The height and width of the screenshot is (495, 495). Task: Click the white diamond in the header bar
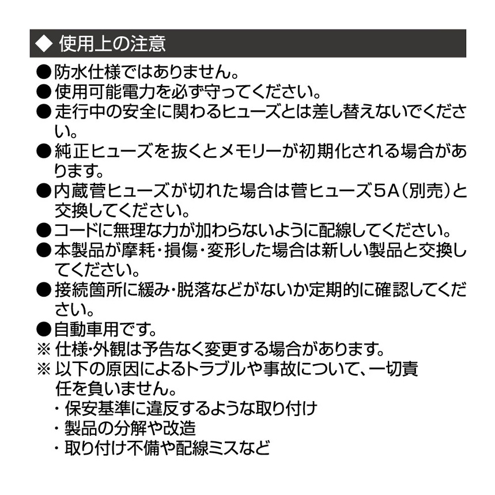[44, 43]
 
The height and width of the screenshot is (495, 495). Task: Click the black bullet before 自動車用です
[44, 330]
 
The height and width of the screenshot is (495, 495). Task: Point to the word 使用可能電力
[104, 92]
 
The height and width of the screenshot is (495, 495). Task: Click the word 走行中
[80, 111]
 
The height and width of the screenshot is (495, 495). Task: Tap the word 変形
[224, 250]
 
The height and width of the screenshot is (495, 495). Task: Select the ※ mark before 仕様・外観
[44, 349]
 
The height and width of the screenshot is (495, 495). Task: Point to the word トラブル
[216, 369]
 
